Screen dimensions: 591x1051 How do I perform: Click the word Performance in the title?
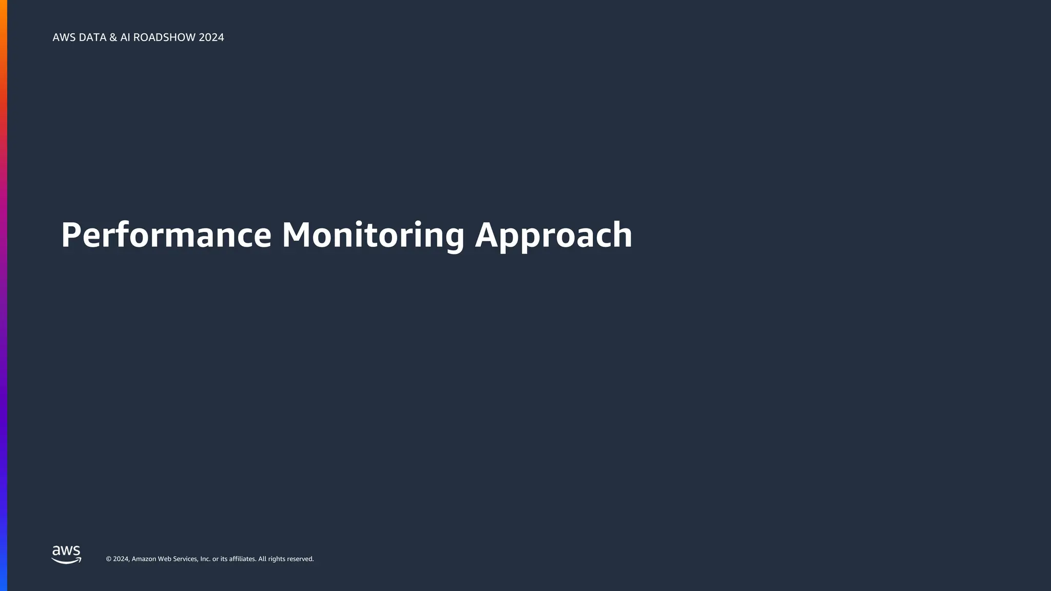click(166, 235)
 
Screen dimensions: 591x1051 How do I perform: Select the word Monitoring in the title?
click(373, 235)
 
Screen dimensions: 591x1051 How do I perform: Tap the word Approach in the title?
click(553, 236)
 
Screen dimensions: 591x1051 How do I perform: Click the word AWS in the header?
click(64, 37)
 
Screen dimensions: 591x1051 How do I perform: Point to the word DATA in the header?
click(92, 37)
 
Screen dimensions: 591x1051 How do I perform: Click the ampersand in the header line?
click(113, 37)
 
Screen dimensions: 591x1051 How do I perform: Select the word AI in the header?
click(125, 37)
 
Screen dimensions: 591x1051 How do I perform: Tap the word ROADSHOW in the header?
click(164, 37)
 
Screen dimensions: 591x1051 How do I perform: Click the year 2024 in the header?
click(211, 37)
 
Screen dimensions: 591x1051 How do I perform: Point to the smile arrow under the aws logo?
click(67, 561)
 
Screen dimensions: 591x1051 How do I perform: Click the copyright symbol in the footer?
click(109, 559)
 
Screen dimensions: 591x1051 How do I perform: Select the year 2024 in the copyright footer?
click(121, 559)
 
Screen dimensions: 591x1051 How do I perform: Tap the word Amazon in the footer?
click(144, 559)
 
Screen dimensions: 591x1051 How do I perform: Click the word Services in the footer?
click(185, 559)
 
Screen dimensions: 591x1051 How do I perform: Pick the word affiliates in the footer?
click(242, 559)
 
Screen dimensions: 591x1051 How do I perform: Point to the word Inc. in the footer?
click(205, 559)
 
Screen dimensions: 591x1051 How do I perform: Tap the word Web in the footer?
click(164, 559)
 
